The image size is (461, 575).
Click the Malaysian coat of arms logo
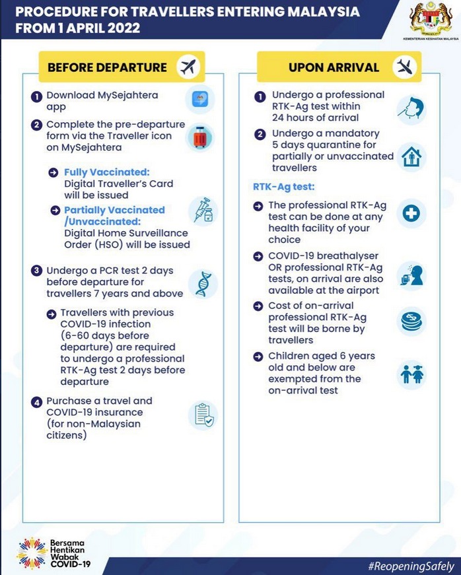pos(429,20)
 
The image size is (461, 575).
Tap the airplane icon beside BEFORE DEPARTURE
pos(189,67)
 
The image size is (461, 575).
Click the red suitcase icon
pos(199,137)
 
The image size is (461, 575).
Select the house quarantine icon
pos(411,158)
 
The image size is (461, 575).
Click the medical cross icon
pos(411,213)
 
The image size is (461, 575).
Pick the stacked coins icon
pos(411,321)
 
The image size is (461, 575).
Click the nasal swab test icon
pos(411,108)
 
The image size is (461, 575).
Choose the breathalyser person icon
pos(411,273)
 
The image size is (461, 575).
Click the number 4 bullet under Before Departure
pos(36,401)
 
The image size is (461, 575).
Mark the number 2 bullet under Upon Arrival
pos(259,134)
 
